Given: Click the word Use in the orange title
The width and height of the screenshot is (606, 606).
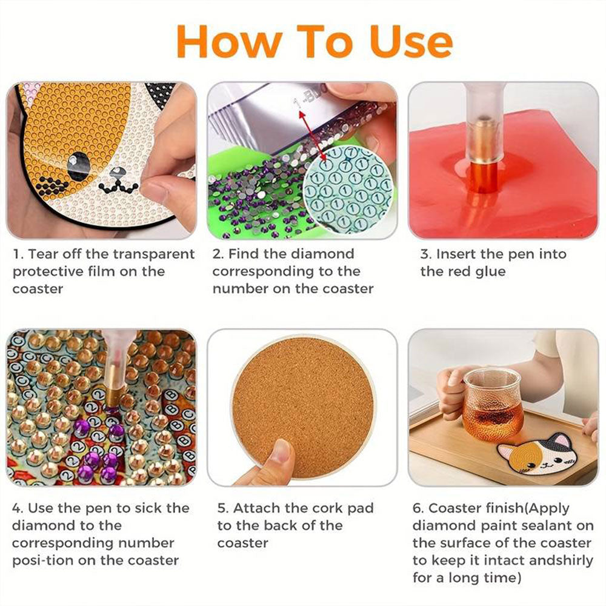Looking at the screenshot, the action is (x=411, y=42).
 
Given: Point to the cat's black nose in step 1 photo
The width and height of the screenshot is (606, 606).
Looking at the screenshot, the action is (x=118, y=172).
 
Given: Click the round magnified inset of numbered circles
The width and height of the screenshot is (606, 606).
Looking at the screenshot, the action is (x=345, y=189).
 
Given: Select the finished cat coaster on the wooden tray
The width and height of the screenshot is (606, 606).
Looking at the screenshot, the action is (x=536, y=457).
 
